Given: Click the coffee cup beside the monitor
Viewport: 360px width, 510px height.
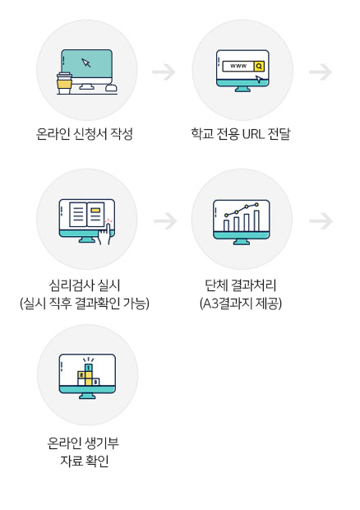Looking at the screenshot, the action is click(64, 83).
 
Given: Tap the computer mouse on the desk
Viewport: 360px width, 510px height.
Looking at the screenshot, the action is click(112, 88).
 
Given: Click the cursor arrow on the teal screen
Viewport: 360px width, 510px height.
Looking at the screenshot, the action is click(86, 63).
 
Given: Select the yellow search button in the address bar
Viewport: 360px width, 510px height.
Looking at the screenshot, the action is click(259, 66).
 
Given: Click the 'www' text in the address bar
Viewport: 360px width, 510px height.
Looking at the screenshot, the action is click(238, 66).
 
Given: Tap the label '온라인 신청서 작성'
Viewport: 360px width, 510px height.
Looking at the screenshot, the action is click(85, 134).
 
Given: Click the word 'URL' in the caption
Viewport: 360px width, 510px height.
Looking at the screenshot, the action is click(253, 134).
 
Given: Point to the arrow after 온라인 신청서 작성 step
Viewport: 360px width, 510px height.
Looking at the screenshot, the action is click(164, 72).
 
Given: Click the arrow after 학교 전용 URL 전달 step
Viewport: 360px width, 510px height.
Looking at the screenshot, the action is click(321, 72).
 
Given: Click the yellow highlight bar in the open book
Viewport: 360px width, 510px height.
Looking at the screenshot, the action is click(96, 210).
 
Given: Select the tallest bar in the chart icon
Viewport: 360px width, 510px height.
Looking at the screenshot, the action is click(256, 220).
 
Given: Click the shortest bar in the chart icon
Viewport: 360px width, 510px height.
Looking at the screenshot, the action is click(227, 225).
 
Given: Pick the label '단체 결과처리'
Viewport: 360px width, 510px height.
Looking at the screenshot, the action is click(241, 285).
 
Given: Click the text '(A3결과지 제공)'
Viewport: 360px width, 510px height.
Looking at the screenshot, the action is click(241, 304).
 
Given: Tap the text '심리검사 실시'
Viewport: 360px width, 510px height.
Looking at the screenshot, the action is click(85, 285).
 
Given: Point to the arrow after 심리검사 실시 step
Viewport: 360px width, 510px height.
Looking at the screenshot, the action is click(165, 221).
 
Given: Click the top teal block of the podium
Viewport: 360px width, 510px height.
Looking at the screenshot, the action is click(89, 368).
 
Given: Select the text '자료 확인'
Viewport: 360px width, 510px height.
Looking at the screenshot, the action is click(85, 461).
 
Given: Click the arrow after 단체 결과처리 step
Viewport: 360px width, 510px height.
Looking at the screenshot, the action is click(321, 221).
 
